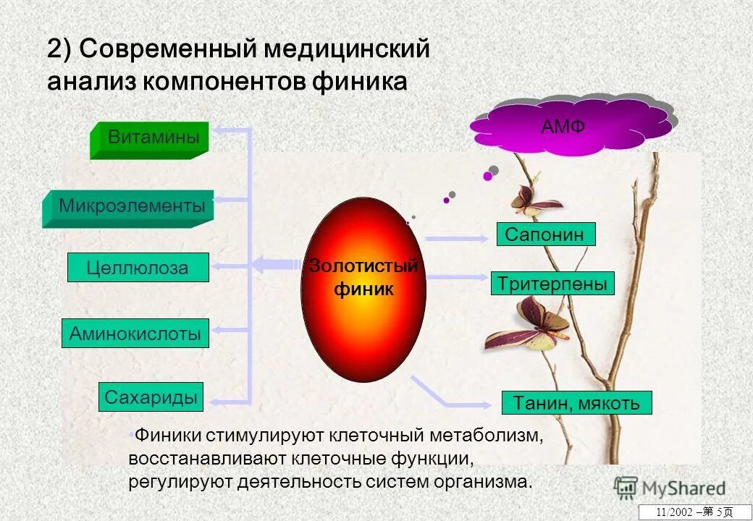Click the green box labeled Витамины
[x=153, y=137]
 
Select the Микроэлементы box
[x=131, y=207]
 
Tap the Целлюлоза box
[x=138, y=268]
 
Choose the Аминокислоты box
[x=135, y=334]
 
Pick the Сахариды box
[x=151, y=397]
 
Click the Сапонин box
[x=545, y=234]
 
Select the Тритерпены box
[x=552, y=283]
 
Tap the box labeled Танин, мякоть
[x=576, y=402]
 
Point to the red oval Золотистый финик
[x=363, y=289]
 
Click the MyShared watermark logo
[x=670, y=487]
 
